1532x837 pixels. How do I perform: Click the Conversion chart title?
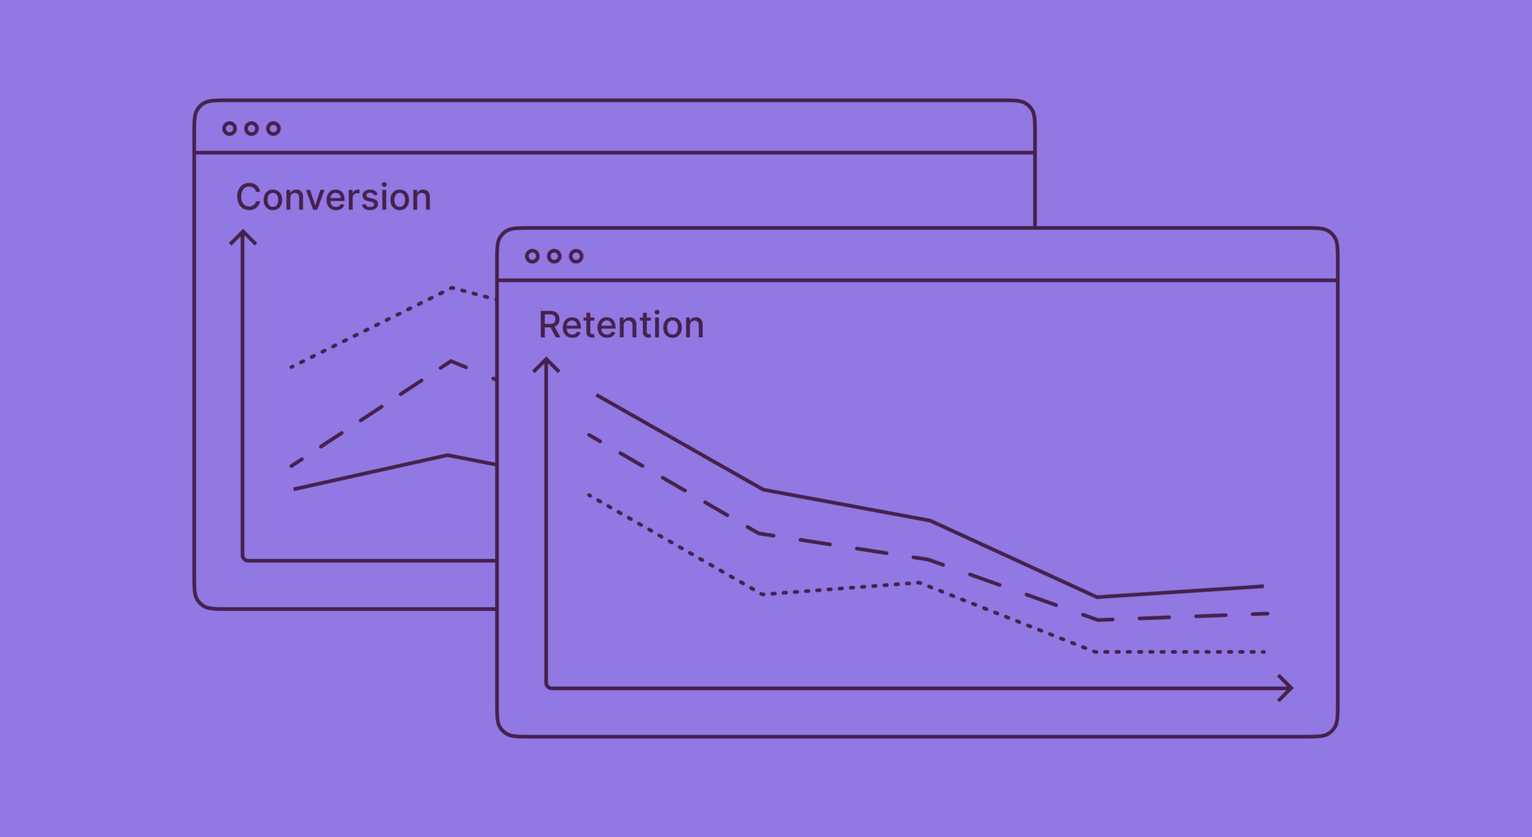(x=333, y=197)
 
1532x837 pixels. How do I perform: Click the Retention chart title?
(x=621, y=325)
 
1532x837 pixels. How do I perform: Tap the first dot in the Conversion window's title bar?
(x=229, y=129)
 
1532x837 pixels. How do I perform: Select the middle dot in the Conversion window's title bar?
(x=251, y=129)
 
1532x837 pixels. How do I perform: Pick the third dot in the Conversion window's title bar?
(x=273, y=129)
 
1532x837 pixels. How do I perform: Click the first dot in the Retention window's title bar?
(x=532, y=257)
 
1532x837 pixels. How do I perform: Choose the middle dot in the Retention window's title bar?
(x=554, y=257)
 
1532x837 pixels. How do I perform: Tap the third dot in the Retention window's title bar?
(x=576, y=257)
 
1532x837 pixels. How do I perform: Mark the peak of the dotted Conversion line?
(x=452, y=288)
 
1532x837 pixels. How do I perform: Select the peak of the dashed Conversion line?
(x=451, y=361)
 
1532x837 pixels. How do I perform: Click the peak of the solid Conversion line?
(x=448, y=455)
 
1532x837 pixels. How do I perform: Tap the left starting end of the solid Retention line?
(x=597, y=395)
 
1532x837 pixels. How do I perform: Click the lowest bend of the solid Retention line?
(x=1097, y=596)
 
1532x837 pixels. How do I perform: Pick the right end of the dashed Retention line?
(x=1267, y=614)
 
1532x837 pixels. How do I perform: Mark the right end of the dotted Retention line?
(x=1264, y=652)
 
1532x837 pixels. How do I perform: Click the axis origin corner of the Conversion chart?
(x=244, y=560)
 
